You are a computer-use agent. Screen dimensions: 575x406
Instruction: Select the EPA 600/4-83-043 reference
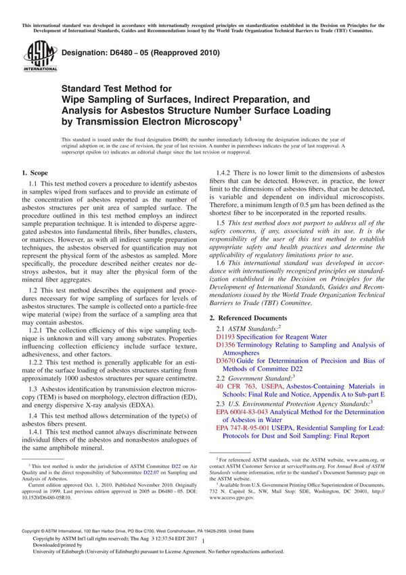click(x=247, y=411)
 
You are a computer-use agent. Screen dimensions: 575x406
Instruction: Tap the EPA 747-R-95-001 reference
click(x=248, y=428)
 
